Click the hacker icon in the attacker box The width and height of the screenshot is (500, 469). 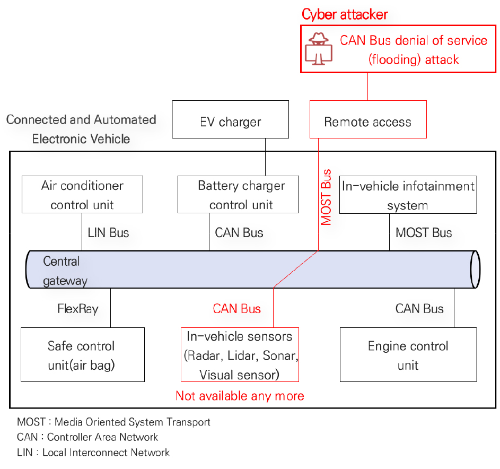318,48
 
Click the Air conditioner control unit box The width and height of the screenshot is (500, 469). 82,195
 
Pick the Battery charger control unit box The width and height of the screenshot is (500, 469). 241,195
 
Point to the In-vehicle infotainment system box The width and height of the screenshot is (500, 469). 407,195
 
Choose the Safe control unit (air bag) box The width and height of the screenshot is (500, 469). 82,355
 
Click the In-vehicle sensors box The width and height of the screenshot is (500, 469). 240,355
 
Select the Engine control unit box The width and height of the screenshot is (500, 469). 408,355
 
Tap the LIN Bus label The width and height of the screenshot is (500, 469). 108,232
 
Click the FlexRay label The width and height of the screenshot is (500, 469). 77,309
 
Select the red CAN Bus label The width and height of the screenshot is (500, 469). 236,309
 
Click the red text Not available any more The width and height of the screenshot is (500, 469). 240,396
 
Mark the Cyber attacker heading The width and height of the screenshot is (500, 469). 345,14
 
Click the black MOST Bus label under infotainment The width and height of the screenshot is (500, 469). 424,232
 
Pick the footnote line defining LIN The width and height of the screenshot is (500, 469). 93,453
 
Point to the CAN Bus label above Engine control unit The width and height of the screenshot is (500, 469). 419,309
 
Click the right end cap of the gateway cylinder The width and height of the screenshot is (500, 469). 475,270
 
